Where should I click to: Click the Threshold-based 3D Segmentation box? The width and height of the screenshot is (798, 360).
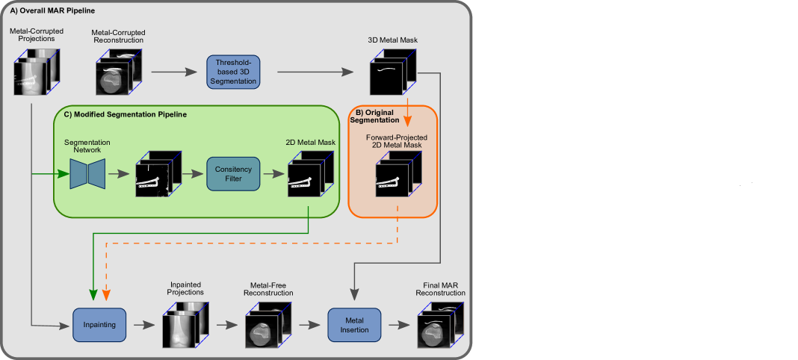pyautogui.click(x=234, y=72)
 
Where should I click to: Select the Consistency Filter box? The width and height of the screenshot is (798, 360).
pyautogui.click(x=232, y=175)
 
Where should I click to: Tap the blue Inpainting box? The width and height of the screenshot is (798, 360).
pyautogui.click(x=99, y=324)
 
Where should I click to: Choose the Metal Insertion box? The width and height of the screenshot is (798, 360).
pyautogui.click(x=354, y=325)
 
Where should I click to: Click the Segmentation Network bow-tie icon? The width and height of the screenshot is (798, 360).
pyautogui.click(x=87, y=174)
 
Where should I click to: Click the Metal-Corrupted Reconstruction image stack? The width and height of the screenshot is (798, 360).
pyautogui.click(x=117, y=72)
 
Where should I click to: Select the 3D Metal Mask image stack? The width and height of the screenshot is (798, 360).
pyautogui.click(x=393, y=73)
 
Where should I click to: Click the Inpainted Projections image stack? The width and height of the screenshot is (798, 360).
pyautogui.click(x=185, y=326)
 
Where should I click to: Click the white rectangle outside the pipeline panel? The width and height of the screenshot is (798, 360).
pyautogui.click(x=759, y=206)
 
